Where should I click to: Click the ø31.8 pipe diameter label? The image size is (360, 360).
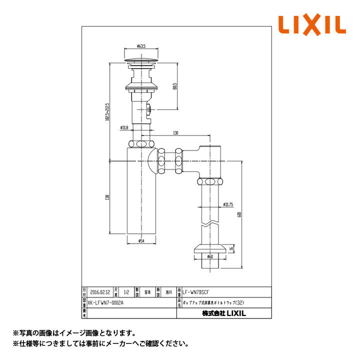coord(125,128)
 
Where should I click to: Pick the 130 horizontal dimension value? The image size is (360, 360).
coord(176,133)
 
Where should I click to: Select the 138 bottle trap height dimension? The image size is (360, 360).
coord(106,198)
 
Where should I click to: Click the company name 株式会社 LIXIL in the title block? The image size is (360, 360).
coord(224,313)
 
